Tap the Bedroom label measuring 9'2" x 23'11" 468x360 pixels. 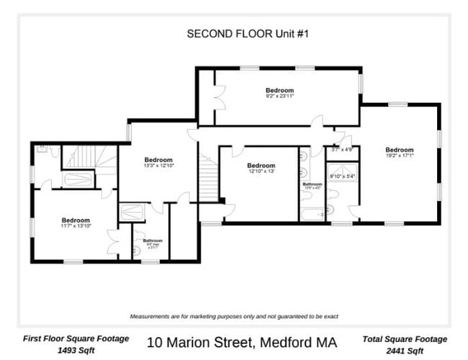click(x=280, y=91)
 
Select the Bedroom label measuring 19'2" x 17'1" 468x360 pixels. click(x=400, y=150)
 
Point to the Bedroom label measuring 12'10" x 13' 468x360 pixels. click(x=261, y=166)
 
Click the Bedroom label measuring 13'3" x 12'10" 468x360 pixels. click(x=158, y=161)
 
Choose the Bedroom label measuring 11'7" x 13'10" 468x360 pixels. click(x=75, y=221)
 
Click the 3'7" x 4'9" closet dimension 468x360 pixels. click(x=342, y=150)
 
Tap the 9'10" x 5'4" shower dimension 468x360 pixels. click(x=342, y=175)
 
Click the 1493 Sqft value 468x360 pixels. click(x=76, y=351)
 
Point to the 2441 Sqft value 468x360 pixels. click(x=405, y=351)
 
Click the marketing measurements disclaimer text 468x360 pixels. click(x=234, y=316)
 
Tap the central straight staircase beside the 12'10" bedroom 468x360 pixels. click(x=208, y=181)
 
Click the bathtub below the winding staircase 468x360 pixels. click(x=78, y=179)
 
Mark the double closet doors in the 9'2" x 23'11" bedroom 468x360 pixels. click(x=218, y=98)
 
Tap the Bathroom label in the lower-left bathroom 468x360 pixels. click(x=153, y=241)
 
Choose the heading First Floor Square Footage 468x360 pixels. click(x=76, y=338)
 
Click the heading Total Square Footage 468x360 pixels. click(x=405, y=338)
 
